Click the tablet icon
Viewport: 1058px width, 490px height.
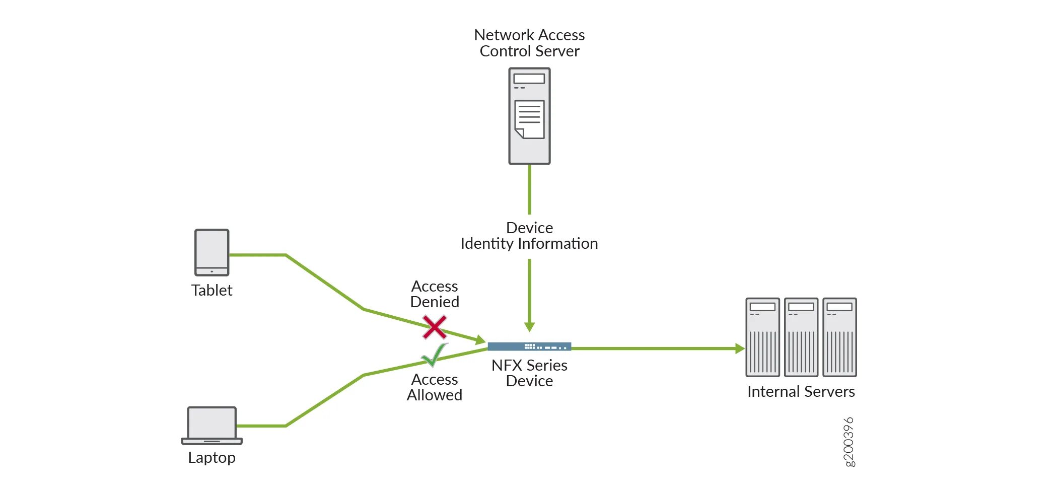coord(211,252)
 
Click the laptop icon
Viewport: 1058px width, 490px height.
coord(211,426)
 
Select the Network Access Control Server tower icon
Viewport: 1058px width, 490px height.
coord(529,116)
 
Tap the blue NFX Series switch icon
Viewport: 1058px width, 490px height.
coord(529,346)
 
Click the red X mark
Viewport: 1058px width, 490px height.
coord(434,327)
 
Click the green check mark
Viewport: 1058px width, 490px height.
coord(434,355)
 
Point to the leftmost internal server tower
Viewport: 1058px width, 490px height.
coord(762,337)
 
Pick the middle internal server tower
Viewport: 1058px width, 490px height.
coord(801,337)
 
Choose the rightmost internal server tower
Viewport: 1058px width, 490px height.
coord(839,337)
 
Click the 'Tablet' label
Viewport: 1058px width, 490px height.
coord(211,291)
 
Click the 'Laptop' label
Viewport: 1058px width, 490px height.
coord(211,458)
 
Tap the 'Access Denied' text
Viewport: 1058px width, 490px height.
coord(435,294)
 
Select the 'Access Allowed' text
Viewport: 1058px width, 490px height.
coord(435,387)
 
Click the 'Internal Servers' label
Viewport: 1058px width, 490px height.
coord(801,392)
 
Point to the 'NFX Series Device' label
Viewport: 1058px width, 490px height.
coord(529,373)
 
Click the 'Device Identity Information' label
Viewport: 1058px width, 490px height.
coord(529,236)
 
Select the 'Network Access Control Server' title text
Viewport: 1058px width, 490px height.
coord(529,43)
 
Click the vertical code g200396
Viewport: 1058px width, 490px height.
coord(849,442)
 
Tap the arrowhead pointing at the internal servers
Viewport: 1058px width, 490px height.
coord(740,348)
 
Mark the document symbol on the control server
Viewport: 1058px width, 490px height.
coord(529,119)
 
